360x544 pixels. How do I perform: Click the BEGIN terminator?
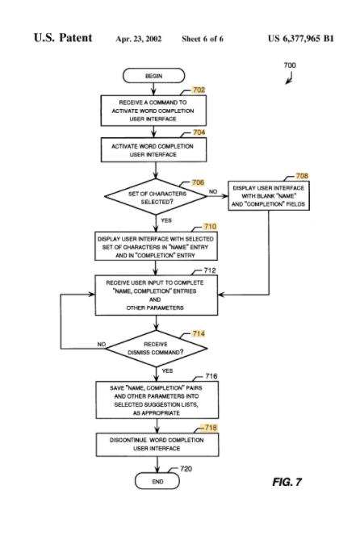153,76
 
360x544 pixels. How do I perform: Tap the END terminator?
157,481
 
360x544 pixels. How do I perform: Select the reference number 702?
199,90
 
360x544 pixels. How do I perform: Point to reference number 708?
302,176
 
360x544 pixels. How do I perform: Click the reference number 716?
211,376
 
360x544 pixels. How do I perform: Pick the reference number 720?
186,469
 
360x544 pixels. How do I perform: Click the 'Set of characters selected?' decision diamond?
156,197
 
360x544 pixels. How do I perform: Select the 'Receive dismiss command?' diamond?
157,349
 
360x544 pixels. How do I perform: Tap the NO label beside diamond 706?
213,191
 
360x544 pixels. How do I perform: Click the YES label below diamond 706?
166,220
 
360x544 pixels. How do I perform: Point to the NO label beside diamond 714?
101,344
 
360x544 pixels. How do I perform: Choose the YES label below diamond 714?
167,371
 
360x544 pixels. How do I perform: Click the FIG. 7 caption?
287,482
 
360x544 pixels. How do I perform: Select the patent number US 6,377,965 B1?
301,38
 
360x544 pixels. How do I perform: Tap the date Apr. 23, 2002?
138,39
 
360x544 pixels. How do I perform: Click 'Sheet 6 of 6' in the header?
203,39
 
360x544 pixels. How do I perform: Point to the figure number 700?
290,65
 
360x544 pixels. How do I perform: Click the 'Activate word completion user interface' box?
153,150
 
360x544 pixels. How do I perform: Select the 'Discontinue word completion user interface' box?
157,445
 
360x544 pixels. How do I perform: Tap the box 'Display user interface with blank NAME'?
269,196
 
